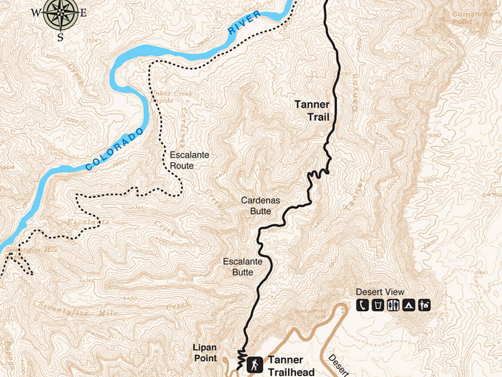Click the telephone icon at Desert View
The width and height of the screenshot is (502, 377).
click(x=363, y=305)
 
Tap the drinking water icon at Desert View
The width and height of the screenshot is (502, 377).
click(x=377, y=305)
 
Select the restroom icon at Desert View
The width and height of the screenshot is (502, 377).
click(x=393, y=305)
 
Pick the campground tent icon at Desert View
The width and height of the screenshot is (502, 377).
click(x=408, y=305)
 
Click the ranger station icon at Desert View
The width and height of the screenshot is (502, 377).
click(x=424, y=305)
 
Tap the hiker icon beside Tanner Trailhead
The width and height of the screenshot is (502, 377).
click(x=254, y=364)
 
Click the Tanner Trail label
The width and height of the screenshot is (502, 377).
click(x=312, y=111)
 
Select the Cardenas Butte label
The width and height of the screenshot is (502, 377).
click(x=261, y=206)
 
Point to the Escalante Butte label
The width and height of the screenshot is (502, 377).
click(x=243, y=267)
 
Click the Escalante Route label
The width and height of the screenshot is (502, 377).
click(x=189, y=160)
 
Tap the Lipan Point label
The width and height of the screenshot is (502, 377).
click(x=205, y=353)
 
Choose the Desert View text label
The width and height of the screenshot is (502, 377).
click(x=380, y=292)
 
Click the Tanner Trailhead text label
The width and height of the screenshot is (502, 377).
click(x=291, y=366)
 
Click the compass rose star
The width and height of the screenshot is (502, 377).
click(x=61, y=13)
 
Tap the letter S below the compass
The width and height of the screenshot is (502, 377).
click(x=60, y=38)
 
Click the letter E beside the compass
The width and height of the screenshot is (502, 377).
click(x=83, y=13)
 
